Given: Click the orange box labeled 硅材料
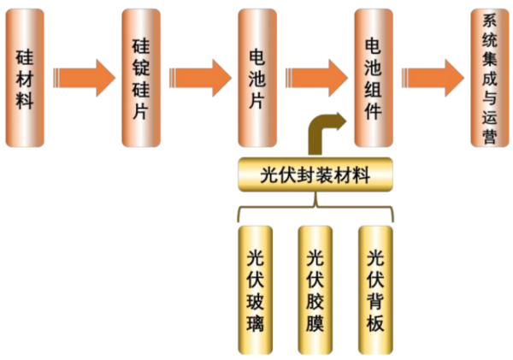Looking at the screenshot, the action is (x=25, y=78).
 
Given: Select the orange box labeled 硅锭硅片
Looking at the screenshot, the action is (x=141, y=78).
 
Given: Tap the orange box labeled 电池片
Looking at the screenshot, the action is (x=257, y=78).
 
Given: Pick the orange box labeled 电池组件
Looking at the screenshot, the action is (x=374, y=78).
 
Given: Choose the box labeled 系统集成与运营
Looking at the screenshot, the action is (x=490, y=78).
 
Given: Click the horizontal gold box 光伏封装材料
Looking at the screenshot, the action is (x=315, y=174).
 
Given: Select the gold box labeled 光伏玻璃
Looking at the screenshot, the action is (x=255, y=290).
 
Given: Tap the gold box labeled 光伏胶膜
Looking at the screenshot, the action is (x=315, y=290).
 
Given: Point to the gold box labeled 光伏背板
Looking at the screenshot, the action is (x=375, y=290).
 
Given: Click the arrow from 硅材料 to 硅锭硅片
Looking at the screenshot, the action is (x=85, y=78).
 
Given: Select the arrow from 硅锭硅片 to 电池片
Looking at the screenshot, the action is (x=201, y=78).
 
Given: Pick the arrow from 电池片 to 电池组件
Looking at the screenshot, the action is (x=316, y=78).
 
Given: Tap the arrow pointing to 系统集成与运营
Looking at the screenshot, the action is (x=433, y=78).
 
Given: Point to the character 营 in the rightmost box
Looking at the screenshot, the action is (x=489, y=136).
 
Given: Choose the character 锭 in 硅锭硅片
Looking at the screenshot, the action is (x=141, y=67).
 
